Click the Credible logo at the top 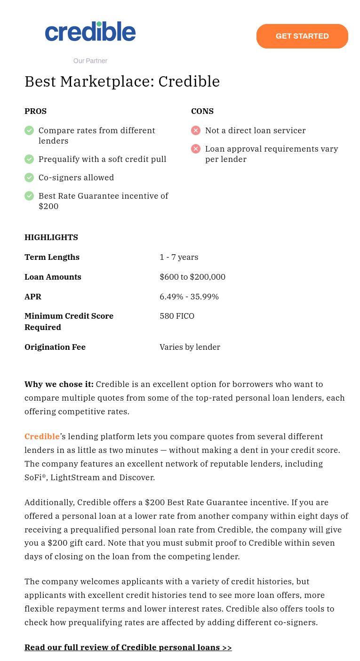[90, 32]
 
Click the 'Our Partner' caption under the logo [90, 61]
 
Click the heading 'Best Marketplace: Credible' [122, 81]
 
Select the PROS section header [35, 111]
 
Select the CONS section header [202, 111]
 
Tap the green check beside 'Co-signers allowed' [29, 177]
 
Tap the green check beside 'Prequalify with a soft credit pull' [29, 159]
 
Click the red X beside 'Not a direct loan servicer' [196, 130]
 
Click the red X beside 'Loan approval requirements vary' [196, 149]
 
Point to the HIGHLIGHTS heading [51, 237]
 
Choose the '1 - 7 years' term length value [179, 257]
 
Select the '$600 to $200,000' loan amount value [192, 277]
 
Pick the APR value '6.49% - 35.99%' [189, 297]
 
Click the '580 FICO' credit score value [176, 316]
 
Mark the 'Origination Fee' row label [55, 347]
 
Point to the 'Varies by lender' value [190, 347]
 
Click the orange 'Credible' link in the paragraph [42, 436]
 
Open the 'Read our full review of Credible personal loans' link [128, 647]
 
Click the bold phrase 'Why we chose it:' [59, 384]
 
